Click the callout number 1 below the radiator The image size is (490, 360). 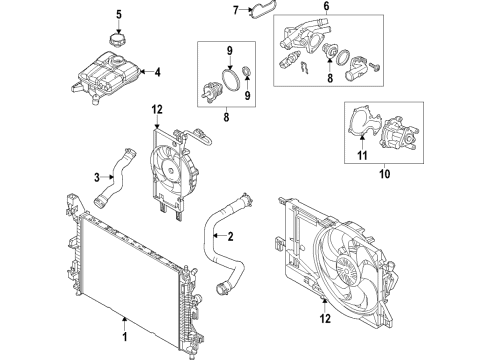[125, 337]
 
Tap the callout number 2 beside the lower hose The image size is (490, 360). [230, 236]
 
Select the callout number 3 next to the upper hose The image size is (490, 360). [97, 177]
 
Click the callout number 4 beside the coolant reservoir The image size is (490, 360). [157, 72]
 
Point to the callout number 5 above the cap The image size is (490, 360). [119, 15]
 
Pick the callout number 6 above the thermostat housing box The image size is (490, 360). [326, 6]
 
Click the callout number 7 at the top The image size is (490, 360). [236, 10]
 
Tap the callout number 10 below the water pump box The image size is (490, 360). [385, 174]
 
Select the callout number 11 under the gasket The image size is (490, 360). [362, 155]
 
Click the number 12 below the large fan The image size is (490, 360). [325, 318]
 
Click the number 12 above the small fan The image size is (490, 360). [157, 109]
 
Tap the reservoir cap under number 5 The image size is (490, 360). [118, 39]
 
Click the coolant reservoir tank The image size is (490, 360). [105, 77]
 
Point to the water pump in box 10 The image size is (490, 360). [399, 134]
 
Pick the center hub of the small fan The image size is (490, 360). [171, 171]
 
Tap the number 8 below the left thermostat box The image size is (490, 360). [226, 117]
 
